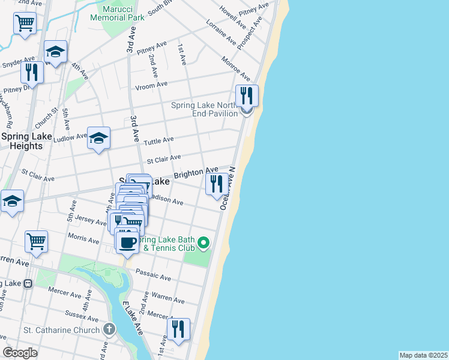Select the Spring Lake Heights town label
coord(26,140)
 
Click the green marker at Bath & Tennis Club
coord(203,243)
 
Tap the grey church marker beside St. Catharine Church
coord(109,329)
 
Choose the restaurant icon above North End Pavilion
coord(247,95)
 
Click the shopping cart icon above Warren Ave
coord(37,241)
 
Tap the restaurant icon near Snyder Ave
coord(32,72)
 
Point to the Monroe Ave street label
coord(236,69)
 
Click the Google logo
coord(20,353)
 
